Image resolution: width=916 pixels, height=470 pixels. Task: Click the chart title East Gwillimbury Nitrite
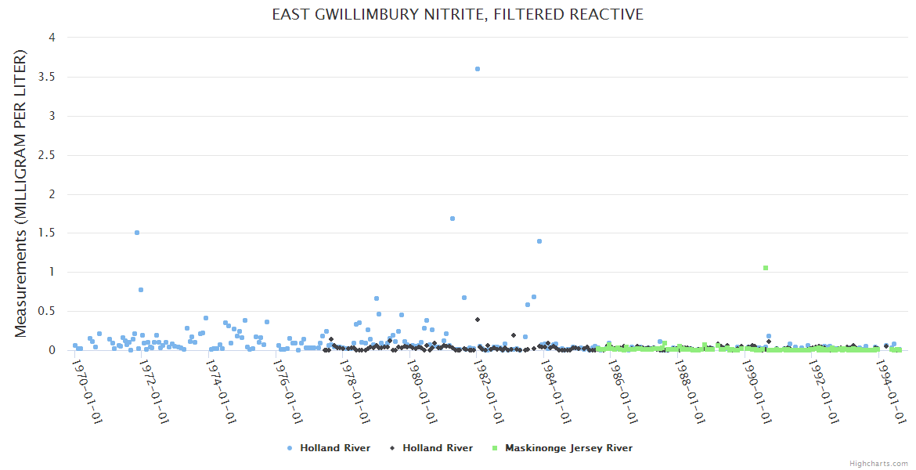pos(457,14)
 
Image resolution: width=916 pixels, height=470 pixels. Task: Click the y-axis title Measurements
pos(21,193)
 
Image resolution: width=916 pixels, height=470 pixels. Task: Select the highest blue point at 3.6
pos(478,69)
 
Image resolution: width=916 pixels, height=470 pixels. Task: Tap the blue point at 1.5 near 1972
pos(137,233)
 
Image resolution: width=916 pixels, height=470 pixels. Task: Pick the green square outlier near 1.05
pos(766,268)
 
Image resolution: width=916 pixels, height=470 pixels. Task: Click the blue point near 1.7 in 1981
pos(453,219)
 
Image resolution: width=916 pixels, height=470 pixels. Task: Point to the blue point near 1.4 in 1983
pos(539,241)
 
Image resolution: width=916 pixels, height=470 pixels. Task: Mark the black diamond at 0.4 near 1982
pos(478,320)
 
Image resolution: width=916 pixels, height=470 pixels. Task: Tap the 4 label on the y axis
pos(51,38)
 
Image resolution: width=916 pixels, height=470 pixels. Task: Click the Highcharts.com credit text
pos(878,463)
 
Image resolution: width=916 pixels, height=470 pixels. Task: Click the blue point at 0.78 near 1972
pos(141,290)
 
